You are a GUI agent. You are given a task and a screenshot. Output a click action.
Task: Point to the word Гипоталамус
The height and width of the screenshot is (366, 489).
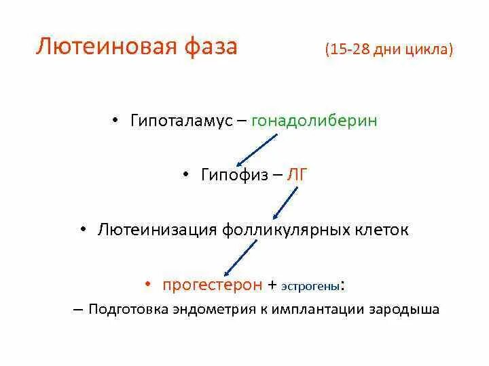point(178,121)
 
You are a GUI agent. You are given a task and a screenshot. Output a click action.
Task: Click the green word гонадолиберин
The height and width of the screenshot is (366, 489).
point(314,121)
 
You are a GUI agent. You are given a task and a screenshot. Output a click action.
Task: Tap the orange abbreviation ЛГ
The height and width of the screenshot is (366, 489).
point(298,175)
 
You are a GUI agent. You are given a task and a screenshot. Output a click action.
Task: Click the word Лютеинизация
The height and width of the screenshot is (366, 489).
point(158,230)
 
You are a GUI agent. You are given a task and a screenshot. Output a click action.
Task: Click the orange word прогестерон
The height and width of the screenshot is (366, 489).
point(212,285)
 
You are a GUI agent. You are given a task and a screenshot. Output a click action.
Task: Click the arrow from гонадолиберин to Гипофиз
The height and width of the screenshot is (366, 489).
point(257,149)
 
